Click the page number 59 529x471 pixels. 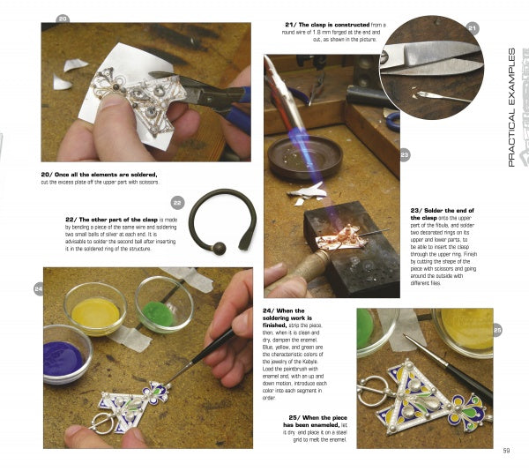[x=507, y=452]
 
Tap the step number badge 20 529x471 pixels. [x=62, y=19]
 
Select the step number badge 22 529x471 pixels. [x=177, y=202]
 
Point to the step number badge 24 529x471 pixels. [x=39, y=288]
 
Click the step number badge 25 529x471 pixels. [x=497, y=330]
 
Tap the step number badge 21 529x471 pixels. [x=473, y=28]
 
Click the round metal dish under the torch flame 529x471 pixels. [x=304, y=156]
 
